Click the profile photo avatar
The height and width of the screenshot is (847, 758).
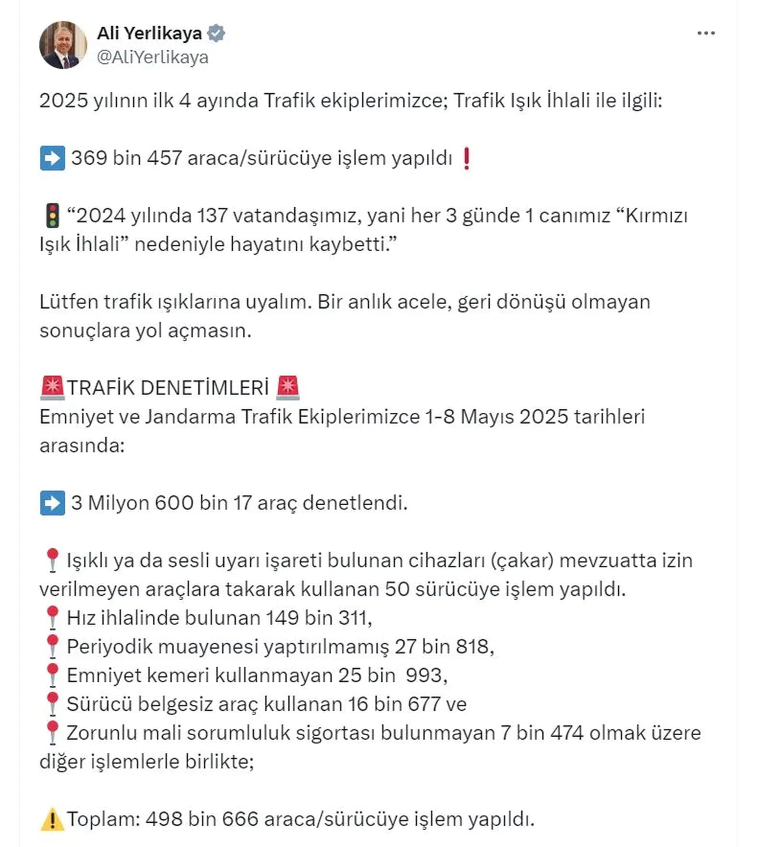coord(63,45)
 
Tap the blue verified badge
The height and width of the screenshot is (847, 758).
coord(216,33)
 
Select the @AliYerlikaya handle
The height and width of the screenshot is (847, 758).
coord(152,57)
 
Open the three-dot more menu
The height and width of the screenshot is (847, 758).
coord(706,33)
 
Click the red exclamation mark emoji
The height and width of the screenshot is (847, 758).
coord(467,158)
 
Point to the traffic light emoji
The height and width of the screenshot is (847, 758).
coord(53,216)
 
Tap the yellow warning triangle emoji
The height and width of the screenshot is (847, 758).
coord(52,820)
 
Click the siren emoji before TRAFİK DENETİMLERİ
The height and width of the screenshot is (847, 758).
coord(52,387)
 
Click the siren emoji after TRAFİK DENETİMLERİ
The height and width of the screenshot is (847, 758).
coord(288,387)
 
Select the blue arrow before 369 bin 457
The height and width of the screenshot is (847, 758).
coord(52,158)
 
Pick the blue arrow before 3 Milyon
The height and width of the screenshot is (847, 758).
coord(52,503)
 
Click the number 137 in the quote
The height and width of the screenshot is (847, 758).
coord(212,216)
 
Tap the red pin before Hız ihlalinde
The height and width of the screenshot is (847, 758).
coord(52,618)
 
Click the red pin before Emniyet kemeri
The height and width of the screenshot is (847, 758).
coord(52,675)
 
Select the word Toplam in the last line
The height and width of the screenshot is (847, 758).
coord(102,819)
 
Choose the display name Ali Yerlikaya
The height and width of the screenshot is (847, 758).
coord(149,33)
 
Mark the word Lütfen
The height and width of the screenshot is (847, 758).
coord(69,301)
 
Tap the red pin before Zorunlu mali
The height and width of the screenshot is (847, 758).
coord(52,733)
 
